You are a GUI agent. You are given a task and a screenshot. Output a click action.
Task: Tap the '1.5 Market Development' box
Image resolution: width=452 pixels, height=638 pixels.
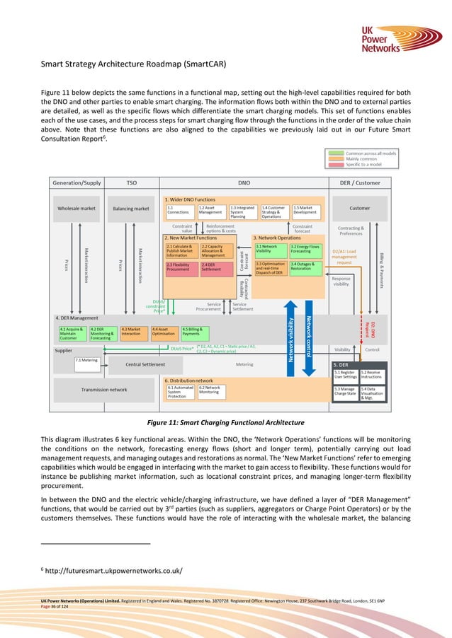(x=306, y=211)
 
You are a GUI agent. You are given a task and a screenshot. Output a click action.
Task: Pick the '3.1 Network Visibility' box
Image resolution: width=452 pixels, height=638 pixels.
(x=270, y=248)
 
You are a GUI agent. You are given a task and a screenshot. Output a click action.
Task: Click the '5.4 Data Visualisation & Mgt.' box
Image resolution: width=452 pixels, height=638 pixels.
(x=372, y=395)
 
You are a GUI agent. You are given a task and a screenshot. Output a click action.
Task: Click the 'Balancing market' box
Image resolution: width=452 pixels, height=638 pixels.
(x=131, y=209)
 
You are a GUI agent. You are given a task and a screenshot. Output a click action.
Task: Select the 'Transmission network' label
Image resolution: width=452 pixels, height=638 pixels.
(x=103, y=390)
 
